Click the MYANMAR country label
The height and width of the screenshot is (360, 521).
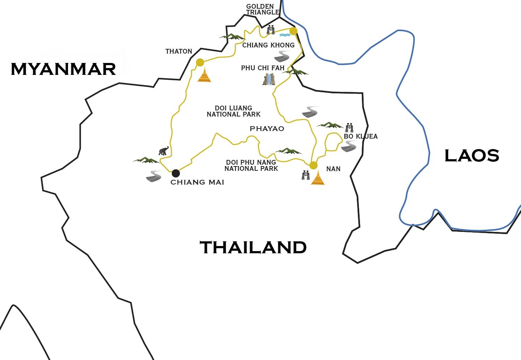pyautogui.click(x=63, y=69)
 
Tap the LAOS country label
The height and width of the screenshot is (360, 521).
pyautogui.click(x=471, y=156)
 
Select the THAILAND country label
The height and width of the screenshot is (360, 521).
pyautogui.click(x=253, y=247)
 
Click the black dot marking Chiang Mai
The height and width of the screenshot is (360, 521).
pyautogui.click(x=175, y=173)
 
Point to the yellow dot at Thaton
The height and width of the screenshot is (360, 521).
pyautogui.click(x=200, y=63)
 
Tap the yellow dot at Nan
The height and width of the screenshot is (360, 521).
pyautogui.click(x=313, y=165)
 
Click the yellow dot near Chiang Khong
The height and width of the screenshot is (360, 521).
pyautogui.click(x=293, y=31)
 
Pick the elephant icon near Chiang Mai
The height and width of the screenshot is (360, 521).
pyautogui.click(x=163, y=151)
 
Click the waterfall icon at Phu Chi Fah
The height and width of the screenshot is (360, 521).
pyautogui.click(x=268, y=79)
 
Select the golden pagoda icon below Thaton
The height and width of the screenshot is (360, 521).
pyautogui.click(x=204, y=75)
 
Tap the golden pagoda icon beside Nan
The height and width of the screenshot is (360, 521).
pyautogui.click(x=318, y=178)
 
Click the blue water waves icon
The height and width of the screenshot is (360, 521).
pyautogui.click(x=285, y=35)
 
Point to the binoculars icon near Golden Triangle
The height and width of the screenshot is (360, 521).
pyautogui.click(x=271, y=30)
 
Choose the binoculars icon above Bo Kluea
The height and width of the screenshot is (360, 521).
pyautogui.click(x=349, y=127)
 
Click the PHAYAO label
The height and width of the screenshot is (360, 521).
pyautogui.click(x=267, y=128)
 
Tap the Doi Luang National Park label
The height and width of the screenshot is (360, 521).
pyautogui.click(x=233, y=111)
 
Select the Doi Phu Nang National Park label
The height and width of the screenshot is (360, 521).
pyautogui.click(x=251, y=165)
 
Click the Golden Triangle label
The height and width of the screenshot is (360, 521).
pyautogui.click(x=262, y=9)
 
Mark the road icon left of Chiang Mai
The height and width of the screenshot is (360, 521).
pyautogui.click(x=154, y=176)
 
